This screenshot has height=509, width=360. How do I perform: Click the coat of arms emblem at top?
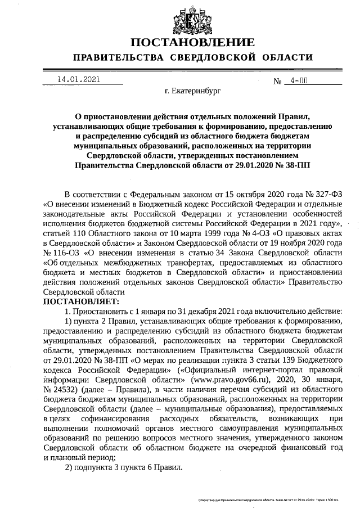[192, 17]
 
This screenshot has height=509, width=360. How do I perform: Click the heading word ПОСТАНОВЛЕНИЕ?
[192, 43]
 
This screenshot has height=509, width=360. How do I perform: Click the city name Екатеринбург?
[193, 89]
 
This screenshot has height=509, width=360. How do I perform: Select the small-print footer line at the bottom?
[275, 499]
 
